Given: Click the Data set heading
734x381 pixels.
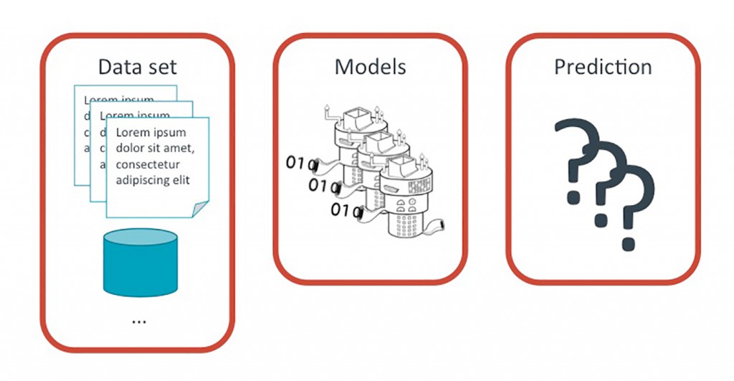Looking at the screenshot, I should pyautogui.click(x=137, y=67).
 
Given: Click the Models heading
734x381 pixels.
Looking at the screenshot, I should pyautogui.click(x=370, y=67).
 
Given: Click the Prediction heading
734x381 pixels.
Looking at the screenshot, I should pyautogui.click(x=603, y=67).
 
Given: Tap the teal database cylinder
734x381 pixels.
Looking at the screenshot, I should pyautogui.click(x=136, y=262).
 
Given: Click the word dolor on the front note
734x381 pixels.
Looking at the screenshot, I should pyautogui.click(x=130, y=148).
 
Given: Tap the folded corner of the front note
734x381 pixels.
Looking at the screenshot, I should pyautogui.click(x=200, y=208).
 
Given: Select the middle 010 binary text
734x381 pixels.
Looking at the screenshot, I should pyautogui.click(x=322, y=187).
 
